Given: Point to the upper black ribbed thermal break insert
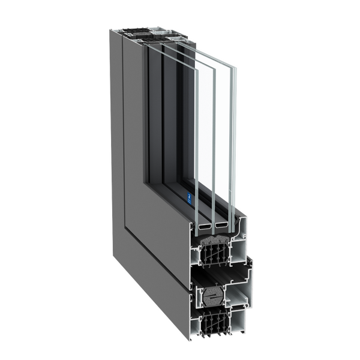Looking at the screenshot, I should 217,258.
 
